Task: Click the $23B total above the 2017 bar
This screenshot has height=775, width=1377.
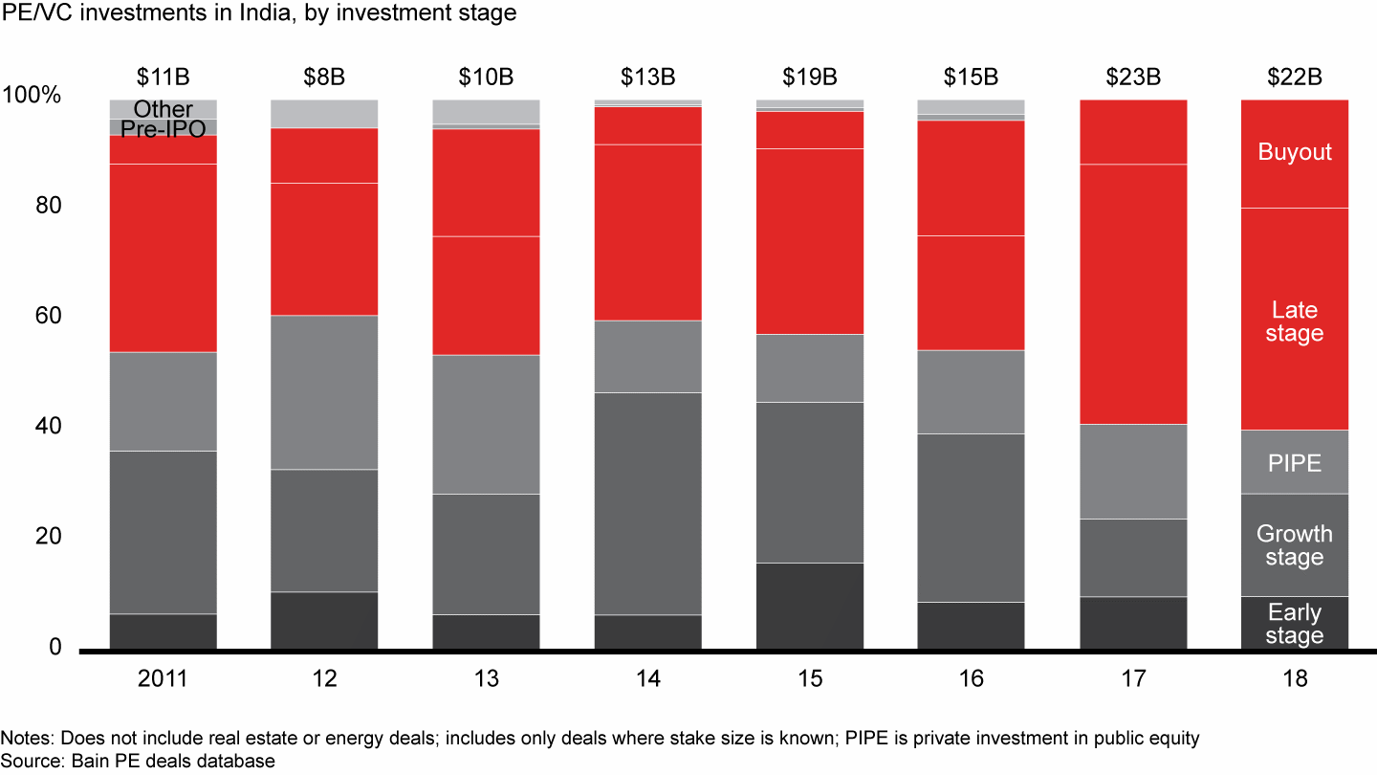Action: point(1133,77)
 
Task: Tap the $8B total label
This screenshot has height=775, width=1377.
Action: point(324,77)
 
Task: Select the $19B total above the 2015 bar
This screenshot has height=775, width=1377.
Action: point(809,77)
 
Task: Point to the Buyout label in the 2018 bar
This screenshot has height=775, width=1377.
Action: point(1295,152)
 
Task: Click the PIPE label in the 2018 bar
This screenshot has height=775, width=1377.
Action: point(1295,463)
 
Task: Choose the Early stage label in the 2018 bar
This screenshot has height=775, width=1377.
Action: point(1295,624)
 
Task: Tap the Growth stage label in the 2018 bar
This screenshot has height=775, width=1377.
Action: point(1295,545)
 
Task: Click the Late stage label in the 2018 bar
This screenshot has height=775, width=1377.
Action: point(1295,321)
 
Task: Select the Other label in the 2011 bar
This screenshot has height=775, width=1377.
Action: point(163,109)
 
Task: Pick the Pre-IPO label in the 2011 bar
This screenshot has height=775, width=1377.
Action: point(163,128)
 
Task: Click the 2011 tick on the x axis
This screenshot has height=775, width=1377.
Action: point(163,678)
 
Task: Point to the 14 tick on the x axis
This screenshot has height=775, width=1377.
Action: point(647,678)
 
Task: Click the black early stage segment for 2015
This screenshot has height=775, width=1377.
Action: point(809,606)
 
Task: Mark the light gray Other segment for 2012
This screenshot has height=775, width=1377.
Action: point(324,113)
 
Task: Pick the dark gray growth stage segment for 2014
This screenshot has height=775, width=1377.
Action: point(647,503)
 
